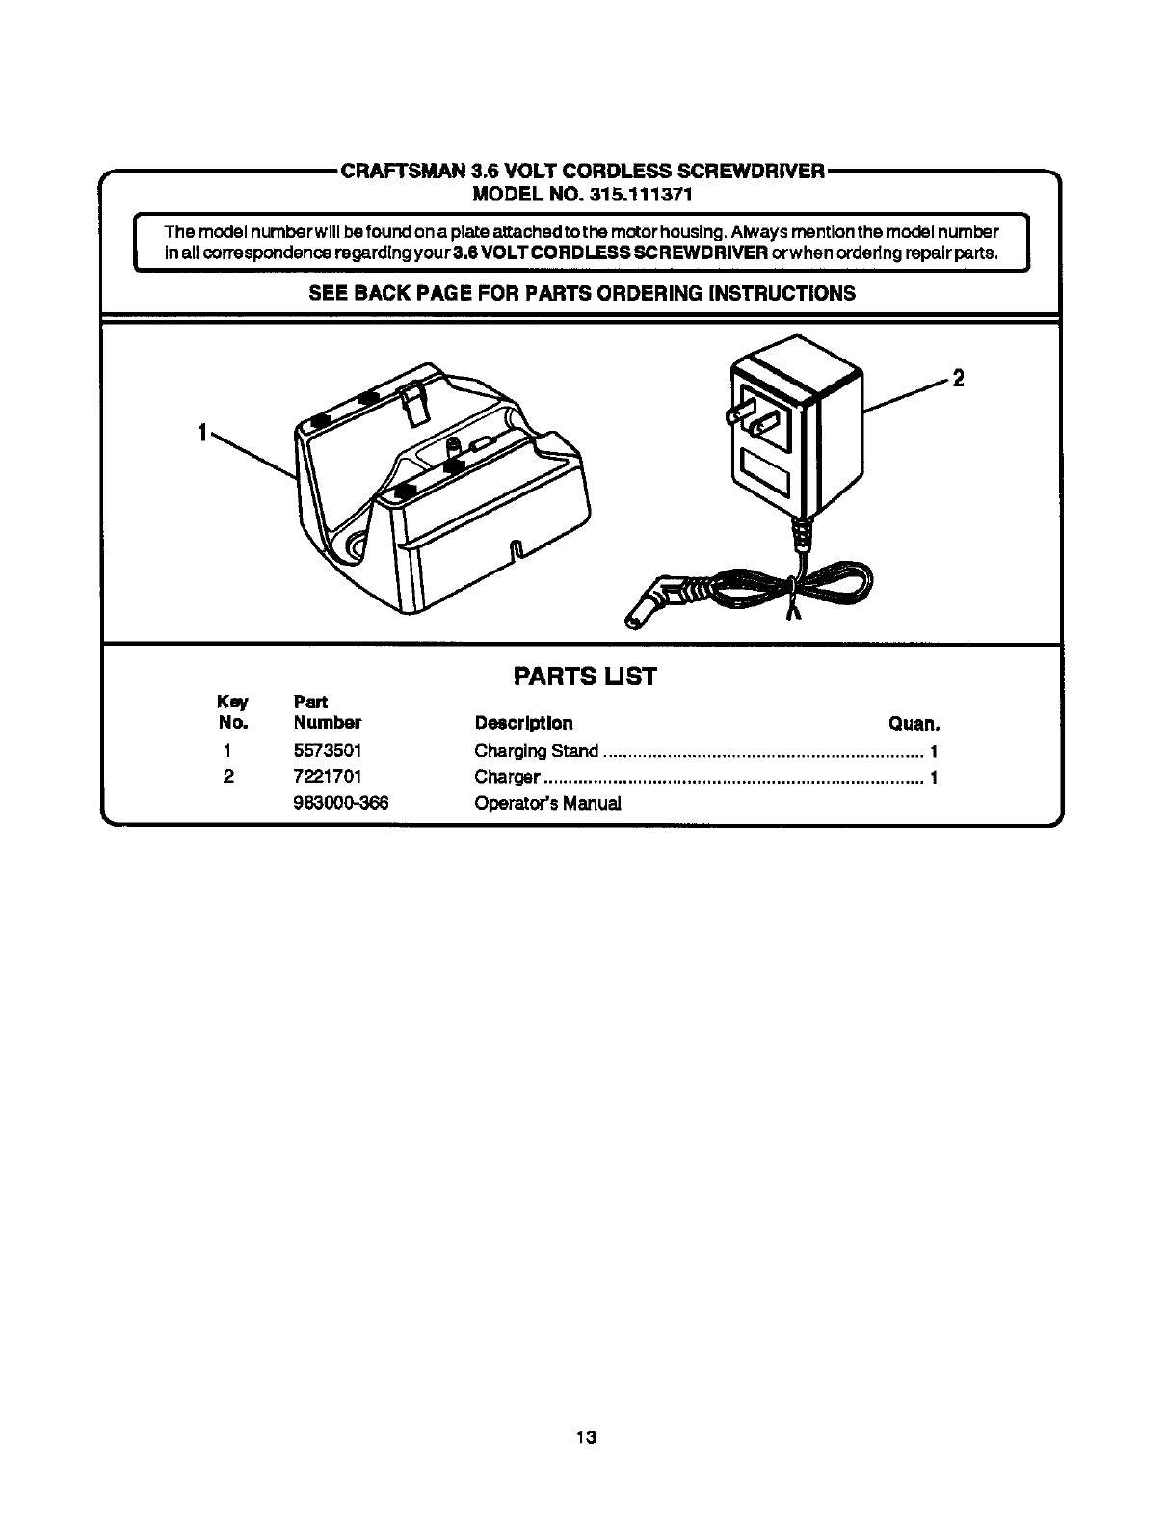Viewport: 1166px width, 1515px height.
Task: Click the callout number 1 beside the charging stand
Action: click(202, 434)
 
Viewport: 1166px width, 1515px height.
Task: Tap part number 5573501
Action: click(328, 751)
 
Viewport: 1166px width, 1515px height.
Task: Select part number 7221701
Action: click(328, 777)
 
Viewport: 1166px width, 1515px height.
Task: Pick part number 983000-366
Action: click(340, 803)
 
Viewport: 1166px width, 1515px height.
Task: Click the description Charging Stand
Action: click(536, 751)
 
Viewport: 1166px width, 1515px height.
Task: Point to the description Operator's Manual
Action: click(547, 803)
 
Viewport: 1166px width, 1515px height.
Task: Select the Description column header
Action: click(523, 724)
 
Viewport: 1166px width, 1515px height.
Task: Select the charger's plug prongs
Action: click(754, 417)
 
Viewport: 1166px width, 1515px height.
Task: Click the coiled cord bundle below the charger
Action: click(819, 586)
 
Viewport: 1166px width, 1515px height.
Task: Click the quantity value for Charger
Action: click(934, 777)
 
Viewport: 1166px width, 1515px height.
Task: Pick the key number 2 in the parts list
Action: click(228, 777)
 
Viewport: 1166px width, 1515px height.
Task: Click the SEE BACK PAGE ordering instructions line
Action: click(581, 294)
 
